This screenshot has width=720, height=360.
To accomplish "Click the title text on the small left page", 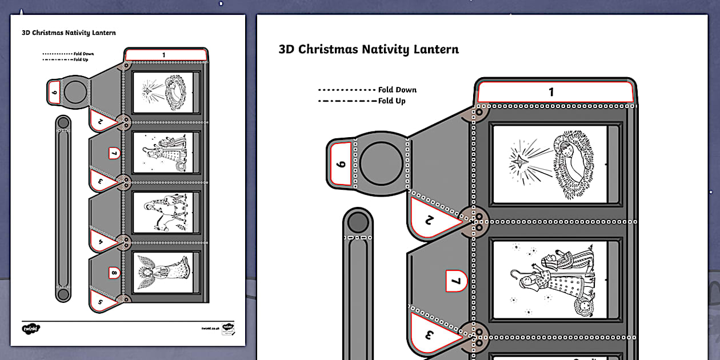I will tap(69, 33).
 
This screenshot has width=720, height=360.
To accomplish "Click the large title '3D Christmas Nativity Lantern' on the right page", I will tap(369, 49).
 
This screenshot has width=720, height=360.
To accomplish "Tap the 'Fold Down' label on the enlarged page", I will tap(397, 90).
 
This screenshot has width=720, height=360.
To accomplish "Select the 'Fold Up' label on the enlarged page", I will tap(391, 101).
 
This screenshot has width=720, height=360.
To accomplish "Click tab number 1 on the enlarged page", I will tap(551, 92).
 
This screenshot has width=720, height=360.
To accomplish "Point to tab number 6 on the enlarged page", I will tap(341, 165).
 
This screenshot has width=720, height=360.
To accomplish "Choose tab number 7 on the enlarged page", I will tap(456, 280).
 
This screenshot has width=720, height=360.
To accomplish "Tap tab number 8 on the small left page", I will tap(113, 273).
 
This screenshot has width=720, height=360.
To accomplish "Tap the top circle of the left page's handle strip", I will tap(63, 122).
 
